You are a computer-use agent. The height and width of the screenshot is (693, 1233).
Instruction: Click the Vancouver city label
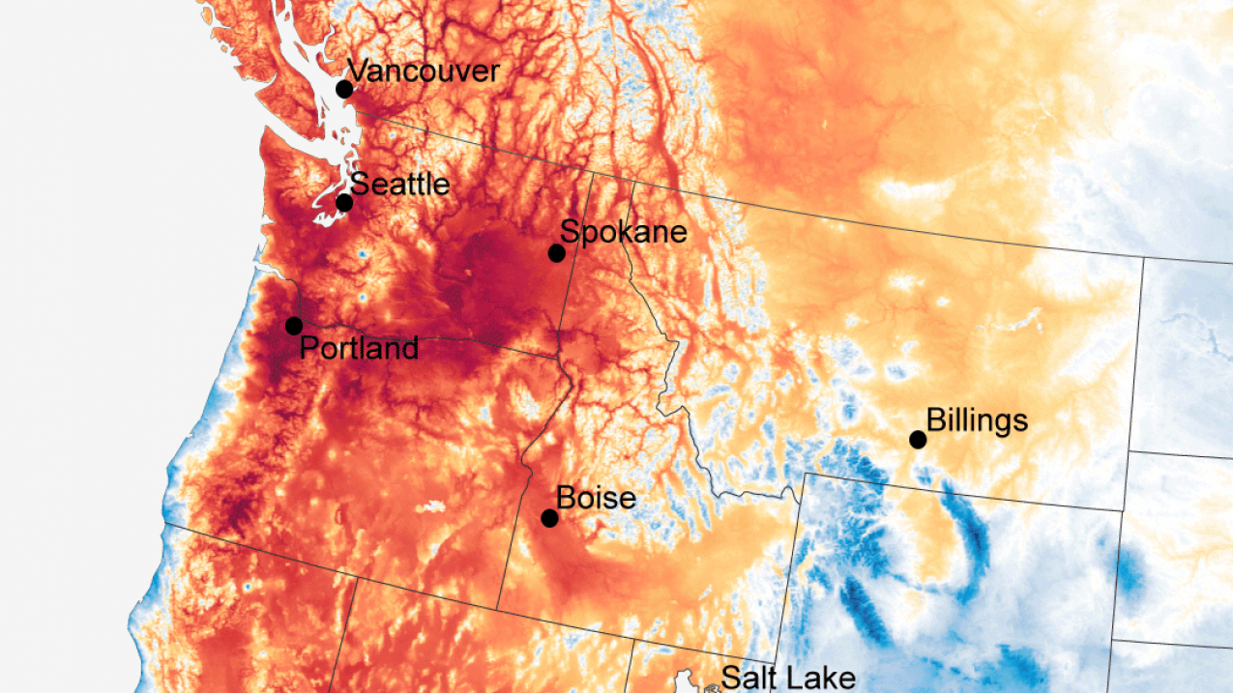point(424,72)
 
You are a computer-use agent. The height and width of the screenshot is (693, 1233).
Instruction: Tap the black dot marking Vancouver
point(344,89)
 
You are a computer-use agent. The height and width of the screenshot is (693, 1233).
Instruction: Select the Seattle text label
point(399,184)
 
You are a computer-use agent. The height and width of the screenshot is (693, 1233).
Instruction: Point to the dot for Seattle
point(344,202)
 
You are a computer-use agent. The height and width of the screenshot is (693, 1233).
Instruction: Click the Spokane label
point(624,232)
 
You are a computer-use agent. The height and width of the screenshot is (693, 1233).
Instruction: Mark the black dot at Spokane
point(557,253)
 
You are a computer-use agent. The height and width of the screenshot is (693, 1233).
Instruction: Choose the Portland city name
point(359,348)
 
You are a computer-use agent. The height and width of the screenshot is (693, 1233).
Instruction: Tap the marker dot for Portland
point(294,326)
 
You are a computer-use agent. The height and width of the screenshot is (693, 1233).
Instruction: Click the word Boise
point(596,498)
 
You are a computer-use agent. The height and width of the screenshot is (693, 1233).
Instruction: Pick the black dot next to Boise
point(549,518)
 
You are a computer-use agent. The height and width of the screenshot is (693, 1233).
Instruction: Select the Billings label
point(977,420)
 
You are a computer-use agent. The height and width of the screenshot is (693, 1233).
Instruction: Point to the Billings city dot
point(918,440)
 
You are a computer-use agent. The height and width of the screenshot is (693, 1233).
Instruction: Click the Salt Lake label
point(788,678)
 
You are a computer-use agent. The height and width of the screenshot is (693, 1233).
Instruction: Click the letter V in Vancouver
point(357,72)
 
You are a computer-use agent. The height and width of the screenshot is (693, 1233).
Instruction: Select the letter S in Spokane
point(570,232)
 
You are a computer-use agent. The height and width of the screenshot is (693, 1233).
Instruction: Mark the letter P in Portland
point(308,348)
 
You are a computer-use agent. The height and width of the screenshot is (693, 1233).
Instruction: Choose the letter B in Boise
point(566,498)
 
